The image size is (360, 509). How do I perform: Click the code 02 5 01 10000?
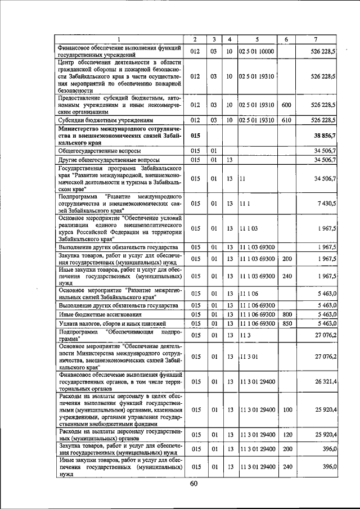click(x=256, y=51)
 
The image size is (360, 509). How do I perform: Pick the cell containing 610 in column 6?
click(x=286, y=120)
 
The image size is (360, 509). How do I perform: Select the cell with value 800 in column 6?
click(x=286, y=314)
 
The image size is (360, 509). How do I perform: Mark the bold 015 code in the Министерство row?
click(x=195, y=136)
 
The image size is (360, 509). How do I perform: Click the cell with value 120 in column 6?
click(x=286, y=435)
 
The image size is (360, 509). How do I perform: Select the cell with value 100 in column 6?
click(x=286, y=409)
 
